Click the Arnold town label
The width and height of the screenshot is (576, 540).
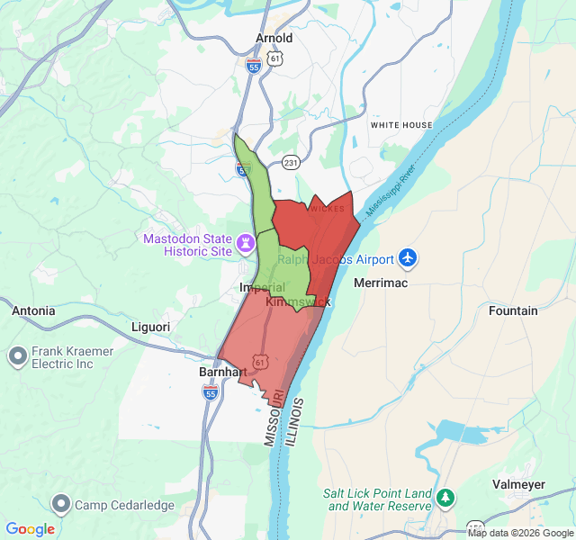coord(274,38)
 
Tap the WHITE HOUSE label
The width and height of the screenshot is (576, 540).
coord(401,125)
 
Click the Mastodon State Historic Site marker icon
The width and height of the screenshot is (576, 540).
coord(245,244)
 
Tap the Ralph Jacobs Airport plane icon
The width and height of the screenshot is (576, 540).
coord(408,259)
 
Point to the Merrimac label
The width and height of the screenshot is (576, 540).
coord(381,283)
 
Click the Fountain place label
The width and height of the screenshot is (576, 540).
coord(513,310)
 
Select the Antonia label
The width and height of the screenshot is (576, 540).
coord(33,310)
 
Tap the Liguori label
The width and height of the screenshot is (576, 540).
coord(150,326)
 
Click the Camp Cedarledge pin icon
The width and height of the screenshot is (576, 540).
coord(61,505)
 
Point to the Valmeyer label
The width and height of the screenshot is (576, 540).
coord(519,483)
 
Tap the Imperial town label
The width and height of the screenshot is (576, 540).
coord(262,287)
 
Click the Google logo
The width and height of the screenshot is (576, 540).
coord(31,529)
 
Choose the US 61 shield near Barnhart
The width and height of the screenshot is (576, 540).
coord(260,361)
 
